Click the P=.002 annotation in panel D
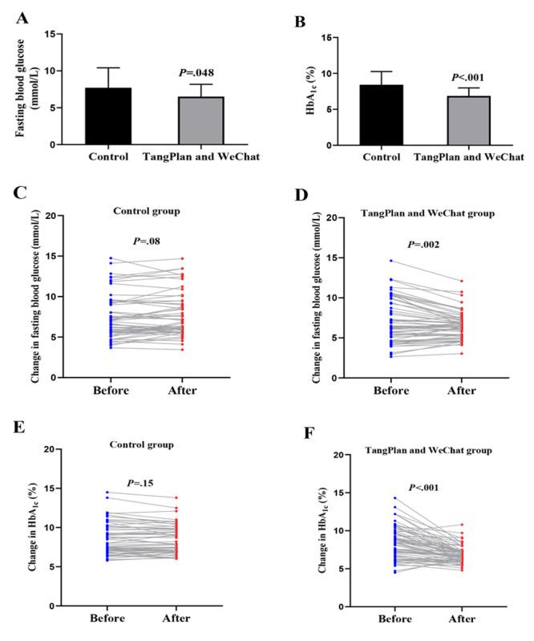coord(424,245)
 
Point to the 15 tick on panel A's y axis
coord(49,34)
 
